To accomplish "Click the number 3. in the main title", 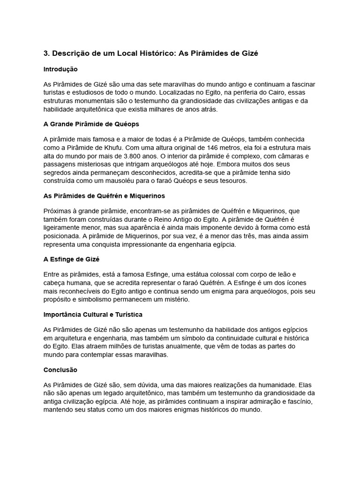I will point(46,53).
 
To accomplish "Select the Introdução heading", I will point(60,69).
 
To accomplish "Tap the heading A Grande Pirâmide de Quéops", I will point(91,124).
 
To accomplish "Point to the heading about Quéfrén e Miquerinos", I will point(104,195).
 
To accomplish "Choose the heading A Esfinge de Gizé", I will point(72,259).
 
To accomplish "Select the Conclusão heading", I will point(60,369).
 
